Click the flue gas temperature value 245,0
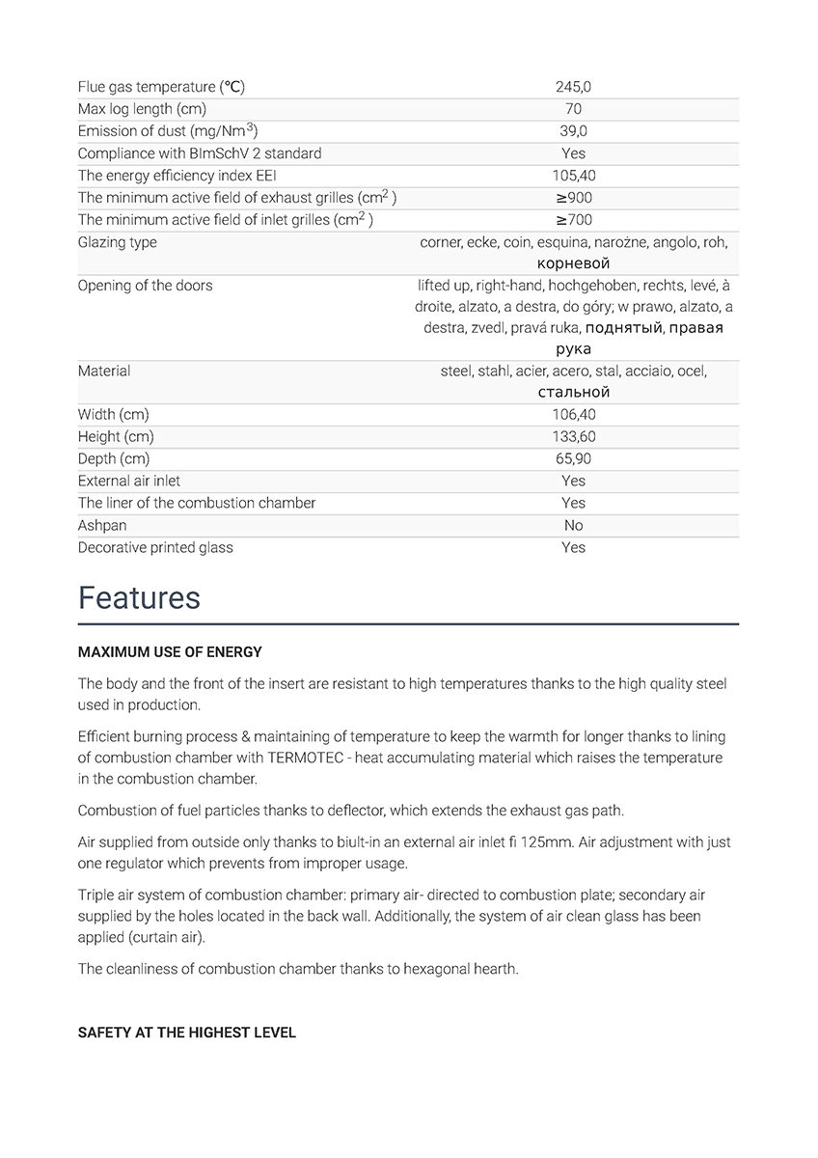(573, 87)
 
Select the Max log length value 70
(573, 109)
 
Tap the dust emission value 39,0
(573, 131)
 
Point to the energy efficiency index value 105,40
(573, 176)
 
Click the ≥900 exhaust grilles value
(573, 198)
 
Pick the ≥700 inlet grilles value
(573, 220)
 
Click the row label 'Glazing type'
(117, 242)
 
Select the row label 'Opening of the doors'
(145, 286)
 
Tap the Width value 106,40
(573, 414)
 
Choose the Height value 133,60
(573, 436)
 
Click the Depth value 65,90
(573, 458)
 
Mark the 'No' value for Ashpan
(573, 525)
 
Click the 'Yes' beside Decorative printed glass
(573, 547)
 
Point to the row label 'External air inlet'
(129, 481)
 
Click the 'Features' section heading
(139, 597)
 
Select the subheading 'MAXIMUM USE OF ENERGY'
(170, 652)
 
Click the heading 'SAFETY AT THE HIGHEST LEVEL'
(186, 1033)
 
